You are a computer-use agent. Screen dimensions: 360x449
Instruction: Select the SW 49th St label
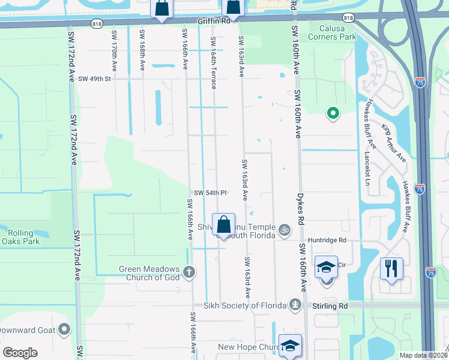[95, 79]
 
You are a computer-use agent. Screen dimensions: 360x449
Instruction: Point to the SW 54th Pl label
[210, 193]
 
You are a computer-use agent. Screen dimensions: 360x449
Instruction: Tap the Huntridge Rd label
[327, 240]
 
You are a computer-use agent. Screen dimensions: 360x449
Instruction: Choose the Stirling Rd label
[330, 305]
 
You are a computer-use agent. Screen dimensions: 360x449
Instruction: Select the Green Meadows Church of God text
[149, 273]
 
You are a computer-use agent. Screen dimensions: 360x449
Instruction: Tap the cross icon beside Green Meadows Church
[190, 272]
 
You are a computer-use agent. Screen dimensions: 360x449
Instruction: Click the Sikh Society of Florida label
[247, 305]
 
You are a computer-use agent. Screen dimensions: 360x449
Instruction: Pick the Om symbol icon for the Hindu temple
[285, 229]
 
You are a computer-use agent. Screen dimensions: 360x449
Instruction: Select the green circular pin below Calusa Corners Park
[332, 112]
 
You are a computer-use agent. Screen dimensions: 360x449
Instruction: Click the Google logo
[20, 353]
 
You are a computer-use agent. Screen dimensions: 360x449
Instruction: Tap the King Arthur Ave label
[394, 143]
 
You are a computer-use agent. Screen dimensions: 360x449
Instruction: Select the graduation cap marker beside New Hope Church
[290, 346]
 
